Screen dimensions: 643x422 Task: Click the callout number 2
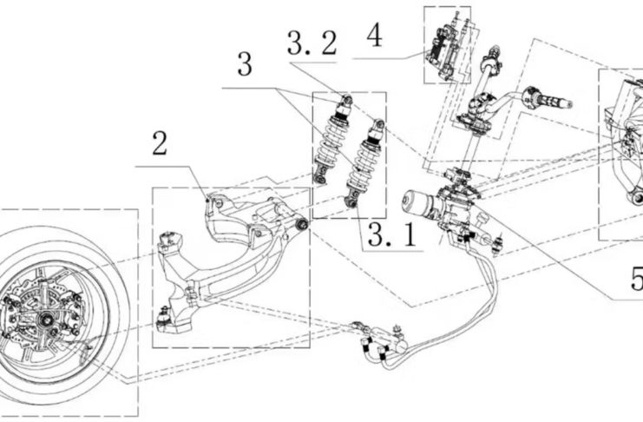160,143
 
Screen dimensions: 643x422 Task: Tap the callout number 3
245,64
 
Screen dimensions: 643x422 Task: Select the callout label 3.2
312,43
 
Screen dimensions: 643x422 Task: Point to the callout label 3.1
392,234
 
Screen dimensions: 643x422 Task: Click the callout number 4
374,36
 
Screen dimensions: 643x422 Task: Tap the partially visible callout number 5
637,280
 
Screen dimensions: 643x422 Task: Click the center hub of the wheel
44,318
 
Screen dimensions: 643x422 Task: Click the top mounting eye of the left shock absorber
347,99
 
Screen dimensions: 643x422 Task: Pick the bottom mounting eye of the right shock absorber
351,203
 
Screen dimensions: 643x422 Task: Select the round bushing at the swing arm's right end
303,224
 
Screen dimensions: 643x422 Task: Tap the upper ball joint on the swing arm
167,240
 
